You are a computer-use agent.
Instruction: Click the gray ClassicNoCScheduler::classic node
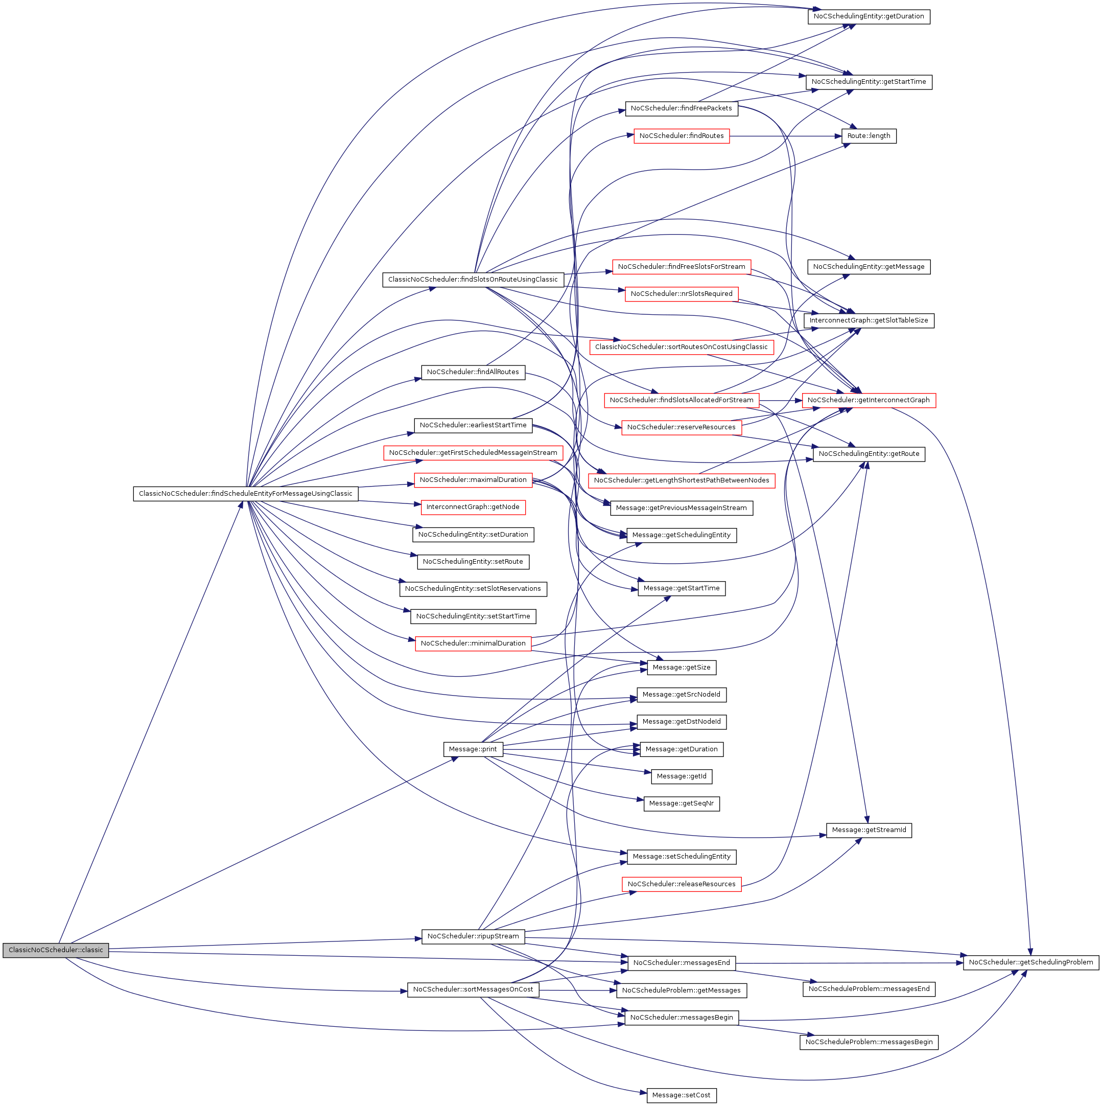pos(56,950)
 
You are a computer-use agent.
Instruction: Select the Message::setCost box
pos(681,1095)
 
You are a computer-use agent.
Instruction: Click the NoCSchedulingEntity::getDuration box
pos(868,16)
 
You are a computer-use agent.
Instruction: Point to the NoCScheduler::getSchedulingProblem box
pos(1030,962)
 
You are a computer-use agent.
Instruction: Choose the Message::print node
pos(473,749)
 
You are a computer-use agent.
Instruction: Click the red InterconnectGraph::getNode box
pos(473,507)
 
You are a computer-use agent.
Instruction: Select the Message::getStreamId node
pos(868,830)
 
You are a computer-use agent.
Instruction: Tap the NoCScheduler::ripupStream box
pos(473,936)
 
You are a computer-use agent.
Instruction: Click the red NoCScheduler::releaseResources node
pos(681,884)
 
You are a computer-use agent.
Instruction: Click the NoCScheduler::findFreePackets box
pos(681,108)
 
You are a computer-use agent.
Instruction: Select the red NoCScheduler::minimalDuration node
pos(473,643)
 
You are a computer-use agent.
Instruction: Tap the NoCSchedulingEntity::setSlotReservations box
pos(473,588)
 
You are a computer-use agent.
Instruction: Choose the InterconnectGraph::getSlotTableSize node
pos(868,320)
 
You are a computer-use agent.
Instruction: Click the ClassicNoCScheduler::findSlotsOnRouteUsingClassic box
pos(473,280)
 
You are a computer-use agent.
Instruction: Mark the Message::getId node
pos(681,776)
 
